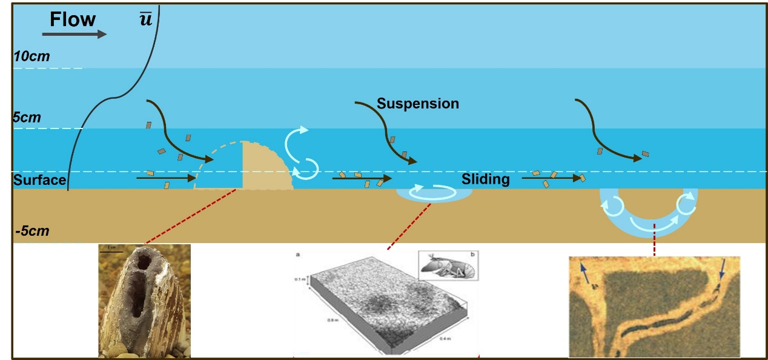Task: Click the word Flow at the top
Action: pos(73,19)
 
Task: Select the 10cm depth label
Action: pos(32,57)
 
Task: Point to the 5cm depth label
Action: pos(27,118)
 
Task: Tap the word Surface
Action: pos(39,180)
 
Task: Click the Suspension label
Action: pos(417,104)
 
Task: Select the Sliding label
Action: pos(485,179)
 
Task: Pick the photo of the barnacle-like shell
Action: pos(144,301)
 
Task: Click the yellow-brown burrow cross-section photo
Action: pos(654,307)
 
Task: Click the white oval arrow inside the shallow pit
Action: pos(433,192)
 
